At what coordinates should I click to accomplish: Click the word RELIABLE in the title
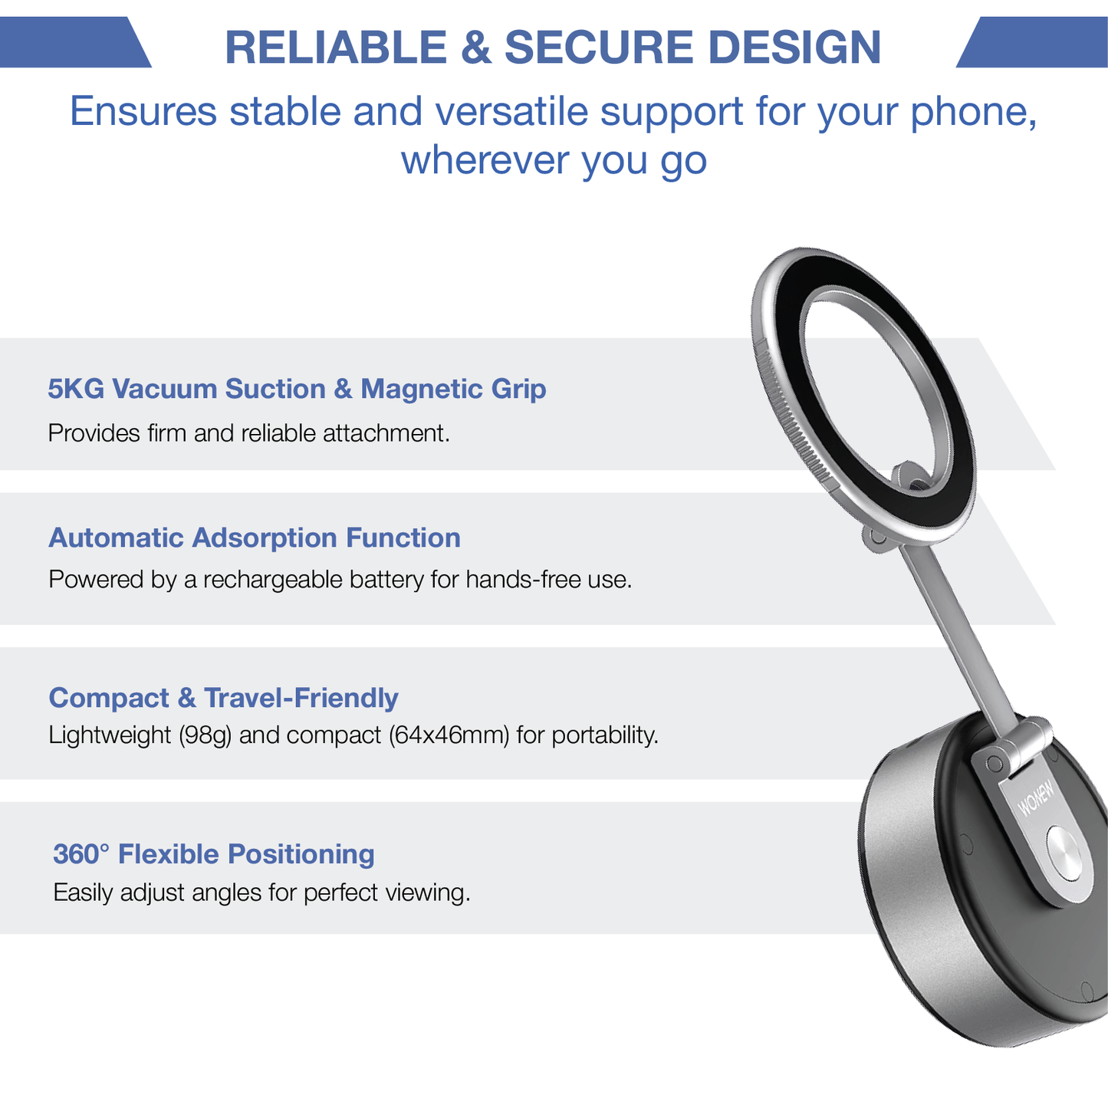point(335,48)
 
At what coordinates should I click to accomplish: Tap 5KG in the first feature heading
point(76,389)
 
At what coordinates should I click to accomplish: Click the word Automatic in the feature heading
point(116,538)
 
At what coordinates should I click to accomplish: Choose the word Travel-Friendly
point(301,698)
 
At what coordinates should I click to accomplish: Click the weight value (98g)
point(205,735)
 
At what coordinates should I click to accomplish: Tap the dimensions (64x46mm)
point(449,735)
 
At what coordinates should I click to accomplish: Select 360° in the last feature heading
point(81,853)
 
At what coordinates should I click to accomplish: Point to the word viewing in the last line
point(428,893)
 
